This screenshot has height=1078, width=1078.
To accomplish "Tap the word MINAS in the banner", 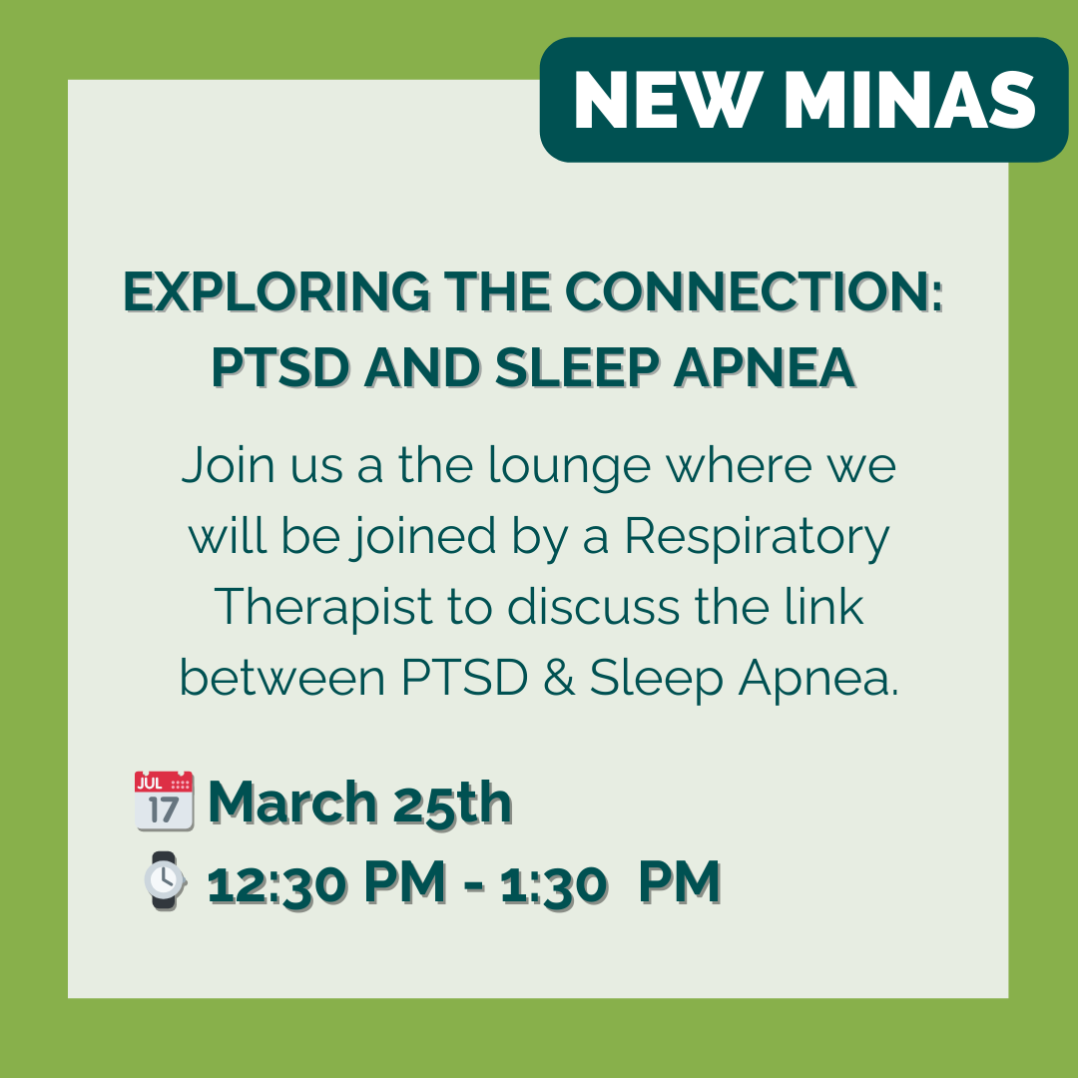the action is tap(909, 101).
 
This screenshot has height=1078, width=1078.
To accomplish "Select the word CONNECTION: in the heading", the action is tap(755, 292).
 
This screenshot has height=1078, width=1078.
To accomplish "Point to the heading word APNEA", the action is tap(765, 367).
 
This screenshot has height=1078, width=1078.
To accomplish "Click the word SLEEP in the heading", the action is tap(578, 367).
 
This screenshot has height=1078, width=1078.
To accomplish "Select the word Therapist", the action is tap(323, 609).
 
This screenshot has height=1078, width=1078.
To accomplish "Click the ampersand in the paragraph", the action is tap(559, 678).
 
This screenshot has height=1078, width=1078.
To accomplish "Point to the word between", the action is tap(282, 678).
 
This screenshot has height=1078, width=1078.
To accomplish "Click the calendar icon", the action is tap(165, 801).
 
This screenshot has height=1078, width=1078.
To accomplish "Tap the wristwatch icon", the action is tap(165, 880).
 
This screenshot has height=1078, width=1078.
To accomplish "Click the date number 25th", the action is tap(452, 803).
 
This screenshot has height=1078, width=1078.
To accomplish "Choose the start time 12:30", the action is tap(277, 883).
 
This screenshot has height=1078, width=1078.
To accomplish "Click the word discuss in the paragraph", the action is tap(593, 609).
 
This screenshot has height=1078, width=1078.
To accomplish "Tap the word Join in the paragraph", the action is tap(229, 466).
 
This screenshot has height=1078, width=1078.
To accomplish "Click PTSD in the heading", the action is tap(279, 367).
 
